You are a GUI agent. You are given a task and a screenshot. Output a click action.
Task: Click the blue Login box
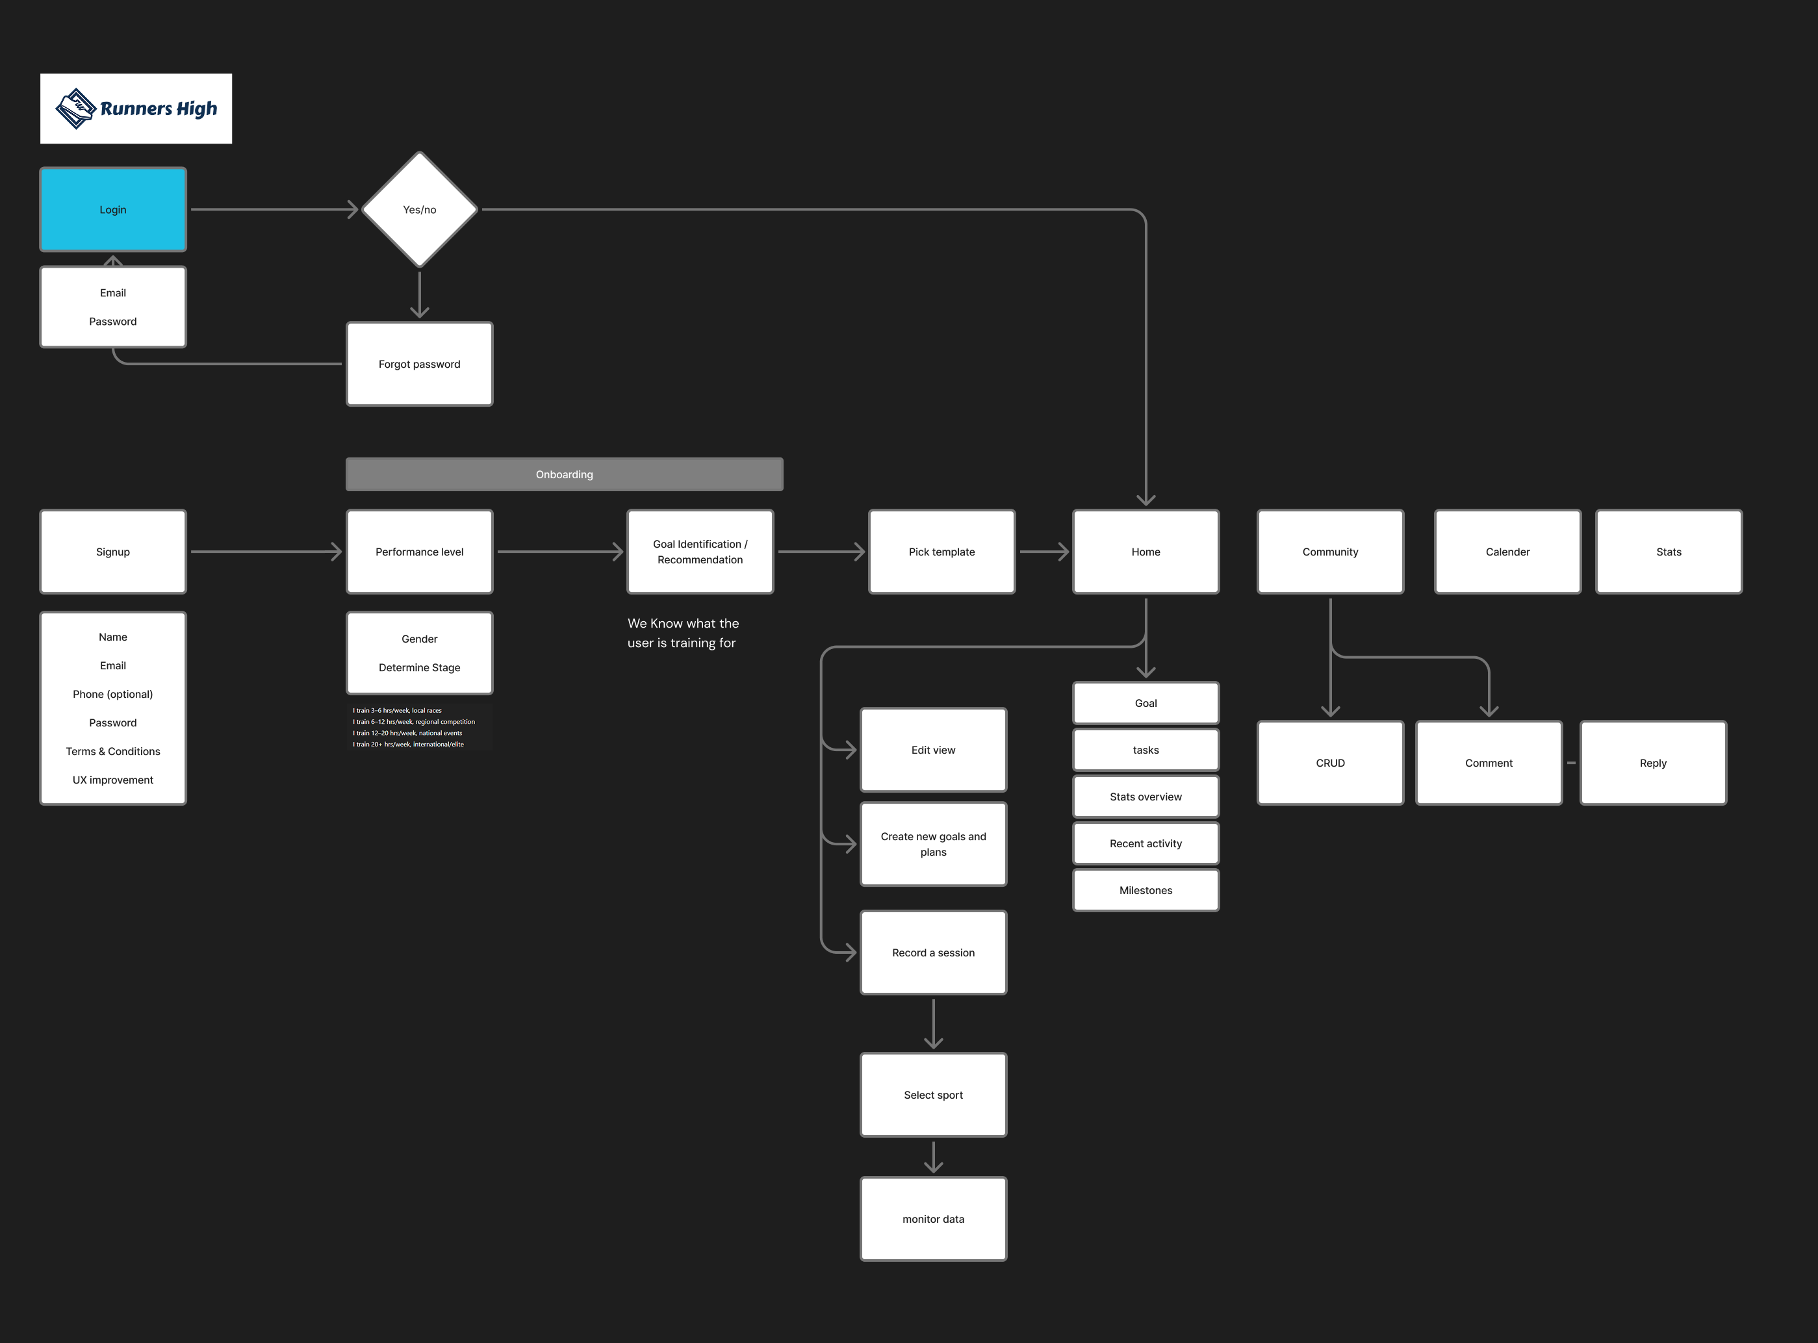point(113,210)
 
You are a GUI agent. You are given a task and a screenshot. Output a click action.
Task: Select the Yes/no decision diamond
point(420,210)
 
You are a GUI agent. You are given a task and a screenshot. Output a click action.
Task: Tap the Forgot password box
point(420,365)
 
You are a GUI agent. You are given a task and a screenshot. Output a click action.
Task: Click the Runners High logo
point(136,109)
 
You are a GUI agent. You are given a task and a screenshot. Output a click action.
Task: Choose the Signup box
point(113,552)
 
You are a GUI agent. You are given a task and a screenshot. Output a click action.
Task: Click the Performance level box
point(420,552)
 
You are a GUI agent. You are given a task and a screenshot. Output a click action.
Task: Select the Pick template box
point(941,552)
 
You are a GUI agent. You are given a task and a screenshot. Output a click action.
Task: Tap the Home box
point(1146,552)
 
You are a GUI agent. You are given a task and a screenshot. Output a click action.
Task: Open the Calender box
point(1507,552)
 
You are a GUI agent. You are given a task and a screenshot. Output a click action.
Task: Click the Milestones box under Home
point(1146,890)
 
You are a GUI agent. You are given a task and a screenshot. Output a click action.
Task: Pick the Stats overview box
point(1146,797)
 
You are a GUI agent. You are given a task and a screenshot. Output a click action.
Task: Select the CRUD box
point(1330,763)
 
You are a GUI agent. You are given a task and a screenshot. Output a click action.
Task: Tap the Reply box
point(1653,763)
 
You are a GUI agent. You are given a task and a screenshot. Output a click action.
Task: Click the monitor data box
point(934,1220)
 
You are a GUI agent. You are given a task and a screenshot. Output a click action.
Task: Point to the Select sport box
point(934,1095)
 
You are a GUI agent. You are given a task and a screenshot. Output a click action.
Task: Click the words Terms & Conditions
point(113,751)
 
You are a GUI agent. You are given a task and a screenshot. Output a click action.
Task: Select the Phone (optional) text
point(113,695)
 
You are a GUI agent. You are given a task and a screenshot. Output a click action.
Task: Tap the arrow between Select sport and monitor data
point(934,1157)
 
